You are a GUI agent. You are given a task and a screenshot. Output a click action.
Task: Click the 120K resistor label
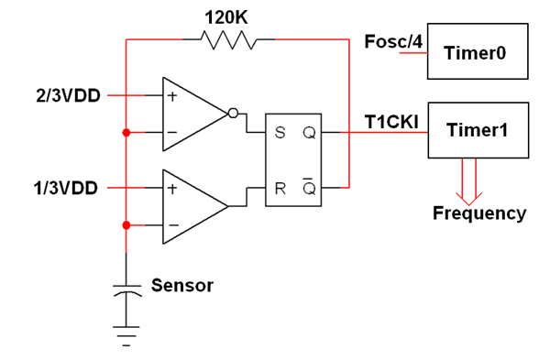point(226,17)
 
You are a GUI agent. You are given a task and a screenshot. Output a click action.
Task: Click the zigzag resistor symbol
point(228,40)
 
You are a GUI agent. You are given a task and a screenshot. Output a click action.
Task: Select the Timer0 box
point(478,51)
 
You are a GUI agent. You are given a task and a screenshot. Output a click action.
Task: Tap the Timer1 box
point(478,130)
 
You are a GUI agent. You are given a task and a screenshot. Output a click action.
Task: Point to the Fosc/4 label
point(393,42)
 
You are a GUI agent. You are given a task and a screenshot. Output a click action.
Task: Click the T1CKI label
point(391,123)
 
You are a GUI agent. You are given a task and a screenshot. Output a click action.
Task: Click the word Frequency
point(479,213)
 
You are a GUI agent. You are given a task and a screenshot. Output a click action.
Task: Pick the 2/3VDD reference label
point(68,95)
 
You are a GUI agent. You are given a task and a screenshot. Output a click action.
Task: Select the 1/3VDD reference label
point(66,188)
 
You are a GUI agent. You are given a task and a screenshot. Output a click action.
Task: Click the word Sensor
point(182,285)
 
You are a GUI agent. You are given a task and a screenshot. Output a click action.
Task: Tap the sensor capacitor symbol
point(126,291)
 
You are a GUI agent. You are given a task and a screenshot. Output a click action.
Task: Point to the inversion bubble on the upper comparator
point(233,114)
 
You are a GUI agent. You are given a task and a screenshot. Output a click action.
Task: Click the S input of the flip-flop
point(280,133)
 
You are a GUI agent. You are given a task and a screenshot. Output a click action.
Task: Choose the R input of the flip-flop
point(280,189)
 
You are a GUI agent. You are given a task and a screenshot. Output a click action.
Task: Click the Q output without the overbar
point(309,133)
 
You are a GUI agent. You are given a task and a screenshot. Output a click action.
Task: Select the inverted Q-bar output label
point(309,187)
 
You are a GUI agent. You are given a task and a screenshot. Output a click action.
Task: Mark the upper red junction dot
point(126,133)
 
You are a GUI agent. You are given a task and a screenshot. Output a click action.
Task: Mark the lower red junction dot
point(126,225)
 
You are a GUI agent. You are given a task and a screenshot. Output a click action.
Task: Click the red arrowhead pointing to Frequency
point(469,199)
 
